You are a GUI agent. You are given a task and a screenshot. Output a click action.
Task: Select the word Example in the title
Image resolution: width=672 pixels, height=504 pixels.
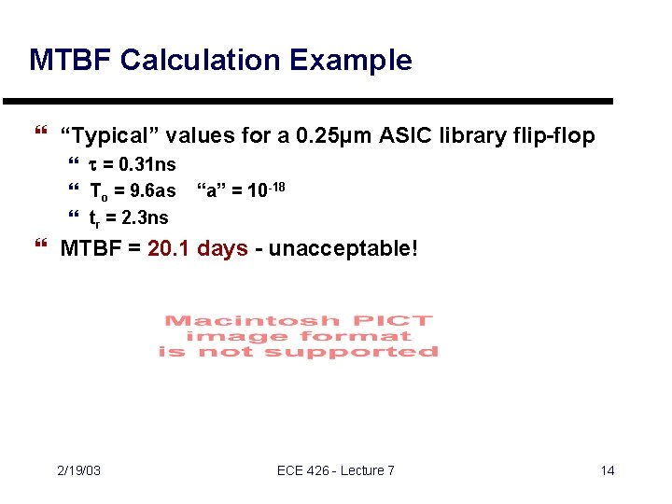pyautogui.click(x=350, y=61)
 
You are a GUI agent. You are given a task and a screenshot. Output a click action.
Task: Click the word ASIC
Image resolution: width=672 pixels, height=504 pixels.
pyautogui.click(x=405, y=136)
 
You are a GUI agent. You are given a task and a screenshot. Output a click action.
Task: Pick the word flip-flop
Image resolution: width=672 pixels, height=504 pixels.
pyautogui.click(x=553, y=136)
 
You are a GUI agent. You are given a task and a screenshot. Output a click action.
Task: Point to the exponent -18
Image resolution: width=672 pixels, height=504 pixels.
pyautogui.click(x=275, y=187)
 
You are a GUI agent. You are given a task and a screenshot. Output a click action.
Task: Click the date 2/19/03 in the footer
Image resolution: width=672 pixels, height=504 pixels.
pyautogui.click(x=78, y=470)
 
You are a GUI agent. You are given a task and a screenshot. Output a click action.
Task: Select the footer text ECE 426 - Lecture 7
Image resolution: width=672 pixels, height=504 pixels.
pyautogui.click(x=336, y=470)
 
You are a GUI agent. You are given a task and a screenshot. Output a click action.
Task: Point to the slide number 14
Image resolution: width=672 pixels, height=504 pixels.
pyautogui.click(x=608, y=470)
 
